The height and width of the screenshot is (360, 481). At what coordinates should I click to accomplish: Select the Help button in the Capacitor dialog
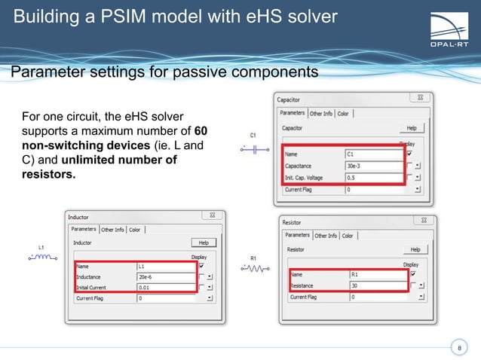(x=411, y=129)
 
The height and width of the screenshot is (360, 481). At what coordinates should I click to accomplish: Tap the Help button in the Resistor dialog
(x=414, y=249)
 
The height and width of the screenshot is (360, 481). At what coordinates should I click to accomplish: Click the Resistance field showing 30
(x=378, y=285)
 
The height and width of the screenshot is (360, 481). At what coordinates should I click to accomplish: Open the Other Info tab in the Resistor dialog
(x=326, y=236)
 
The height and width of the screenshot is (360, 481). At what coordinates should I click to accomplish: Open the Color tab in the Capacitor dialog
(x=343, y=114)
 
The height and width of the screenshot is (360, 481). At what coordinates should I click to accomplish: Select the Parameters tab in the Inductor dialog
(x=84, y=230)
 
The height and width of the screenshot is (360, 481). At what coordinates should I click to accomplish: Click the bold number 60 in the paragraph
(x=201, y=131)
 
